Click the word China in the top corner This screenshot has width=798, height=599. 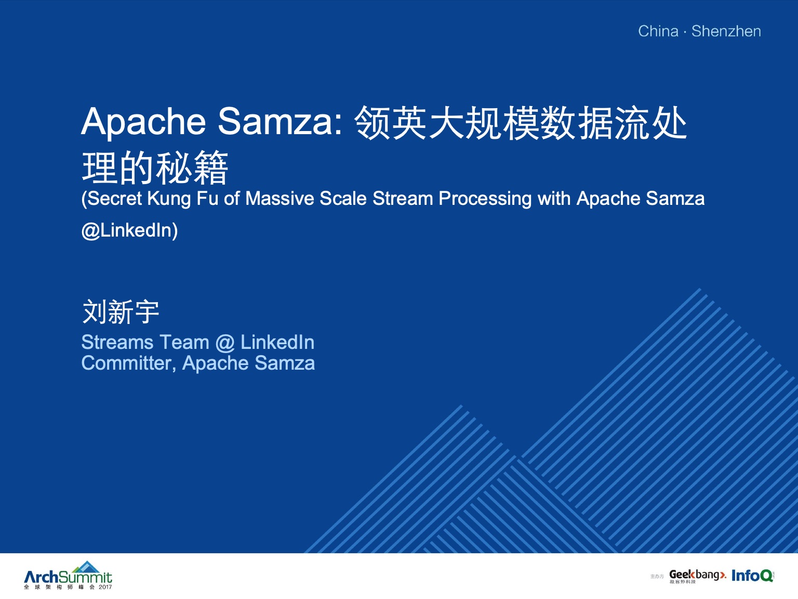[x=658, y=31]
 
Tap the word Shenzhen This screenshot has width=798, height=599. [x=726, y=31]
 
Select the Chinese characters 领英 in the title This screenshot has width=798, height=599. [x=391, y=123]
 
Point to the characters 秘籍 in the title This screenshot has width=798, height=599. [x=192, y=167]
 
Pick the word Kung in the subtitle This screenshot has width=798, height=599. [x=169, y=199]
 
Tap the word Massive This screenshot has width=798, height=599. [x=280, y=199]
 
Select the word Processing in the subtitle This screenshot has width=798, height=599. [x=485, y=199]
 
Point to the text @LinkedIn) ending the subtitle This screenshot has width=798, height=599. [x=130, y=230]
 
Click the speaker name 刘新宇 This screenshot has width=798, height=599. [x=121, y=311]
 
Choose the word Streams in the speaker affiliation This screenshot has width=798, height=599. [x=117, y=342]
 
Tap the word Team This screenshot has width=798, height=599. [x=184, y=342]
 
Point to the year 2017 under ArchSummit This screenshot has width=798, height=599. [x=105, y=587]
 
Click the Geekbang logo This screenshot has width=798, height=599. [x=697, y=576]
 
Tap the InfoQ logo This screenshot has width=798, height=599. [x=752, y=576]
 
